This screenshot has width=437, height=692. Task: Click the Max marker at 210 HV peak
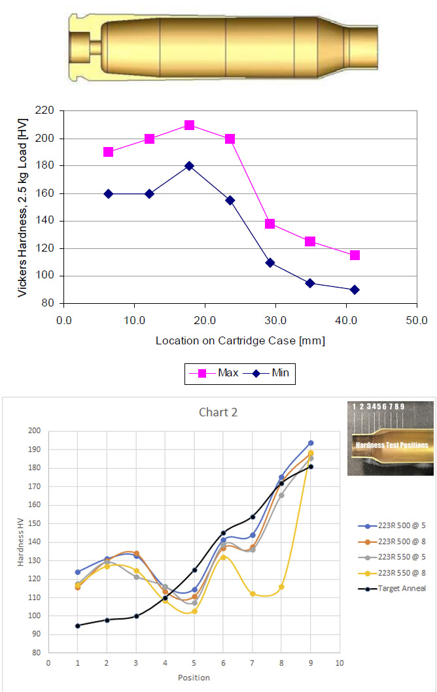click(189, 125)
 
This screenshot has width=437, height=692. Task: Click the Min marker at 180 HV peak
click(189, 166)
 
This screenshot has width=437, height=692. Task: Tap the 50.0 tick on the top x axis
click(417, 321)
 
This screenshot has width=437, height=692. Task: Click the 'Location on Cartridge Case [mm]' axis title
click(240, 341)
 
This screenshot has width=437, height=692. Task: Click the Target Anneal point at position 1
click(78, 625)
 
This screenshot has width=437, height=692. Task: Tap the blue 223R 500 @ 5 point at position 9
click(311, 443)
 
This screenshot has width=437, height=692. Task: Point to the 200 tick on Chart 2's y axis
click(33, 431)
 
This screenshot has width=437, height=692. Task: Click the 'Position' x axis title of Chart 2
click(194, 678)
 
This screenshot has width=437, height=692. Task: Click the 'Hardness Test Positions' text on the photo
click(391, 445)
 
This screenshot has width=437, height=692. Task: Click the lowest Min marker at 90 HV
click(355, 289)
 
